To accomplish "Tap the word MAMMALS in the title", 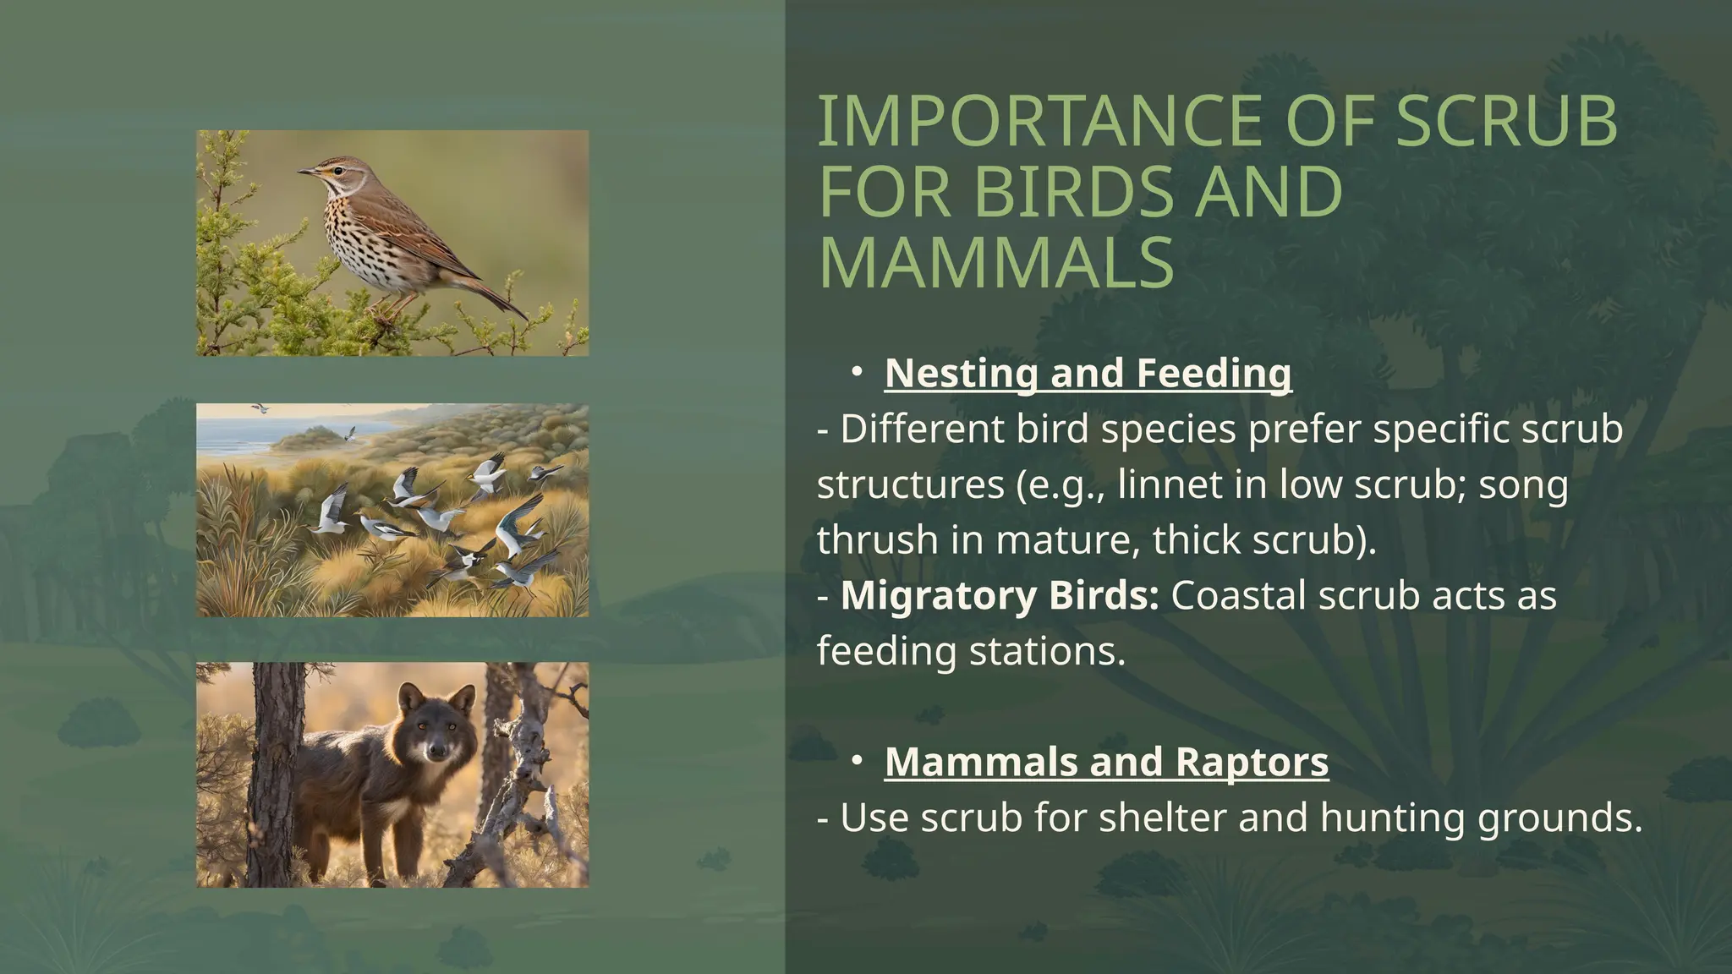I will pos(996,263).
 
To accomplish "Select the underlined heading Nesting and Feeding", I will pos(1088,374).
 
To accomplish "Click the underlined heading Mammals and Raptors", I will pos(1106,762).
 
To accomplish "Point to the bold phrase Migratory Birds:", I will pos(1000,596).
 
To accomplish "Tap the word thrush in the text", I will pos(877,541).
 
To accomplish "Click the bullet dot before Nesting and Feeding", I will pos(857,371).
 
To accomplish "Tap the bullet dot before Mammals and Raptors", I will pos(857,760).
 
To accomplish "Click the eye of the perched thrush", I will pos(338,170).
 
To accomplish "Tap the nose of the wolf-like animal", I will pos(437,750).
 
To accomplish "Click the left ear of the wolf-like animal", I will pos(410,697).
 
